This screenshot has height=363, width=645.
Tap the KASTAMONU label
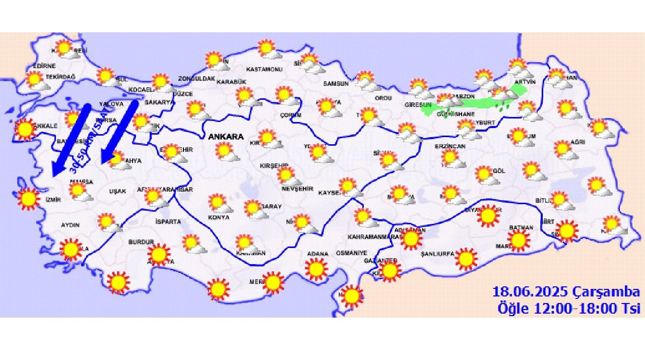[264, 69]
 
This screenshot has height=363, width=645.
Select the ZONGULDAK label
[197, 79]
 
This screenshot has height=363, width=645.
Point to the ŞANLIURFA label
[437, 254]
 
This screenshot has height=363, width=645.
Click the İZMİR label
[53, 200]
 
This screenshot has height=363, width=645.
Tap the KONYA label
[219, 217]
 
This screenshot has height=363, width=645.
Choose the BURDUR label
[137, 243]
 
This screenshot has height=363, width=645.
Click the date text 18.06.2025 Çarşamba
[566, 292]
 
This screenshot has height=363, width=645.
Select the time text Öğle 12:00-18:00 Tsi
[568, 308]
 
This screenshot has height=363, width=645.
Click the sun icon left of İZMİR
[28, 198]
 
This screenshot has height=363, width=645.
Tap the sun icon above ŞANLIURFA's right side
[466, 259]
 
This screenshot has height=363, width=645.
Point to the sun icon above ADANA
[316, 269]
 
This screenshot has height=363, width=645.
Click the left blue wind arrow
[71, 139]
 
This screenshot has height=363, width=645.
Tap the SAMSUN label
[336, 84]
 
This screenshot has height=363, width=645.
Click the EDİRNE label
[44, 66]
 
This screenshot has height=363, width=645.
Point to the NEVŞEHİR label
[298, 189]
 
